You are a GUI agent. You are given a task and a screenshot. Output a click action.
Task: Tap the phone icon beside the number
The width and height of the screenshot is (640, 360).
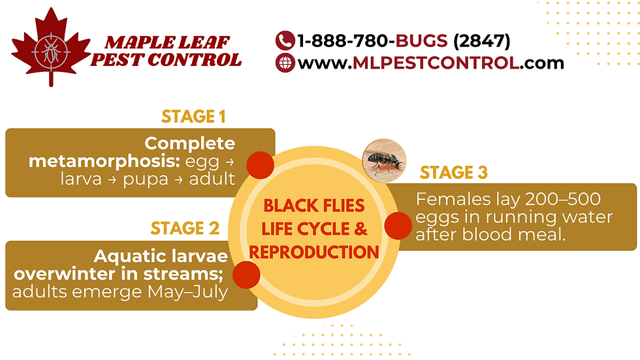click(285, 41)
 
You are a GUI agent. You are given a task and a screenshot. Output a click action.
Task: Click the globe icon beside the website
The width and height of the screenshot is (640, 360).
click(285, 63)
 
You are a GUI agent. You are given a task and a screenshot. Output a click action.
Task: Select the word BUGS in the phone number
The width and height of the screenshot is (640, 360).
click(422, 41)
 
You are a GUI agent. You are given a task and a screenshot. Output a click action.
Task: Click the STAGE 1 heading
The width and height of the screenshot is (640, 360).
click(193, 118)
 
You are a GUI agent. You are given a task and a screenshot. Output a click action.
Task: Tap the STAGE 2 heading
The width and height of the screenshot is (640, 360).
click(185, 229)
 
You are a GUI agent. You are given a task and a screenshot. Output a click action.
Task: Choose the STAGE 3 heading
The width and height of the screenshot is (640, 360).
click(454, 173)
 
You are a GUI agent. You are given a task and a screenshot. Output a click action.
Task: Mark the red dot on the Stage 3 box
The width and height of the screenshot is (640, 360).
click(398, 225)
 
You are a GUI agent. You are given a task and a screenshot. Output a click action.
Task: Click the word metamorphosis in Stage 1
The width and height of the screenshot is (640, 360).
click(101, 161)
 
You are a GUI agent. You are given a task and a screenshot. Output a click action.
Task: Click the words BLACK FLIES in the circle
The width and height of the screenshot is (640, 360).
click(313, 206)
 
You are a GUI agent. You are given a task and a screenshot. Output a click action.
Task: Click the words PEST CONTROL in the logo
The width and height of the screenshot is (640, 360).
click(166, 61)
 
